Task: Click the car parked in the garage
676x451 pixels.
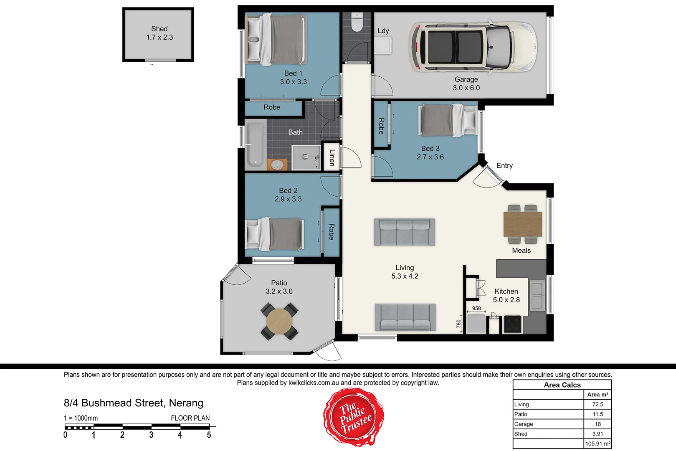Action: pos(473,46)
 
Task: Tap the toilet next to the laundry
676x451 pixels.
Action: pos(357,23)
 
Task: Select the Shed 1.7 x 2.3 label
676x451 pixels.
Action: pos(159,33)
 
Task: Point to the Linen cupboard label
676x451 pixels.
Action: pos(332,157)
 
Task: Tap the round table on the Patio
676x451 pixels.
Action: pos(279,321)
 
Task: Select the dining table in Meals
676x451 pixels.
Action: pos(522,224)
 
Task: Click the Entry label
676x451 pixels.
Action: pos(504,166)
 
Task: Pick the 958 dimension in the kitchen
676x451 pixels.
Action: pos(476,309)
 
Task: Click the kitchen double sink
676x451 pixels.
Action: pos(537,295)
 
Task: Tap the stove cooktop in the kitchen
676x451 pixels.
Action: pos(512,324)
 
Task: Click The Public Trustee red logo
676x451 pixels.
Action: pos(354,417)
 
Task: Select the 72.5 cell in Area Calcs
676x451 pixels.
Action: pos(597,404)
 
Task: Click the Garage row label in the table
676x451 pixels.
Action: pos(524,424)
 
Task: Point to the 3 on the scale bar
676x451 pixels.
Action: pos(151,435)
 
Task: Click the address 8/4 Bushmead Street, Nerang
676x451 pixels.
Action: pos(133,403)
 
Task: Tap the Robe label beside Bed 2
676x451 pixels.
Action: pos(332,232)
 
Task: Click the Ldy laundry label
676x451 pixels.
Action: pos(383,31)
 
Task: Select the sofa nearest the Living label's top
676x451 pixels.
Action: pos(404,232)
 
